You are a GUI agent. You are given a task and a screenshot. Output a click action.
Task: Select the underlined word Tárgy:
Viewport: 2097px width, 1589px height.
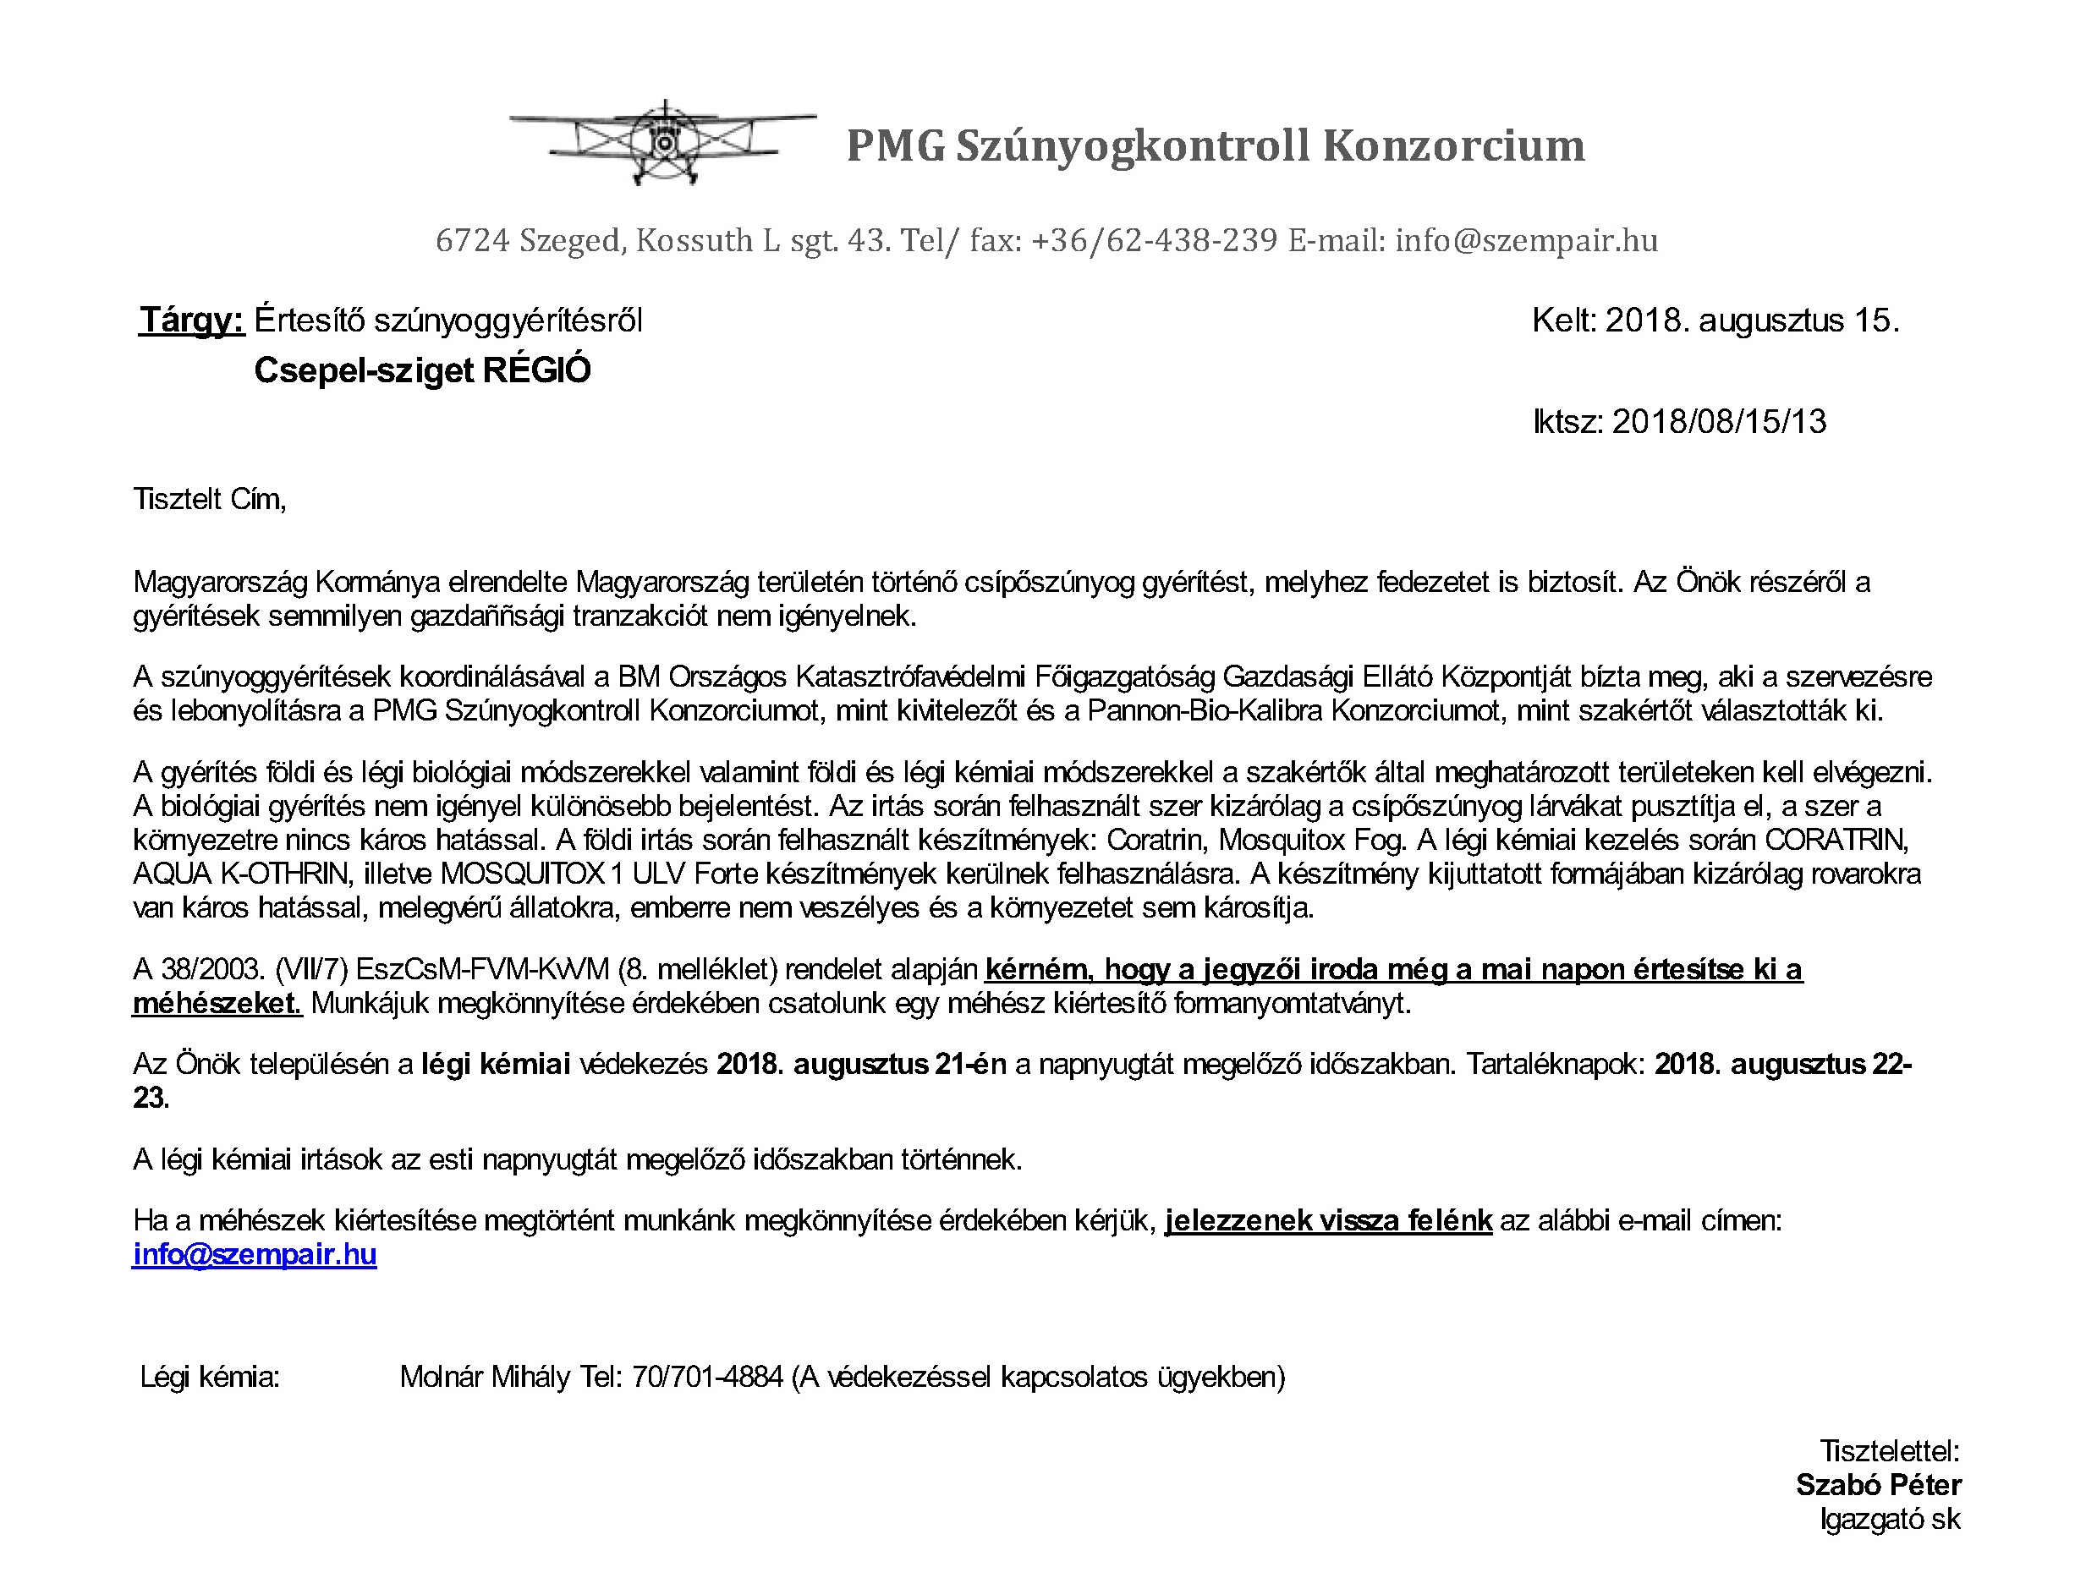point(193,321)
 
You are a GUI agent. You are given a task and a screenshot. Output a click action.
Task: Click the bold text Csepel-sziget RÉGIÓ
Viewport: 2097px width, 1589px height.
point(422,370)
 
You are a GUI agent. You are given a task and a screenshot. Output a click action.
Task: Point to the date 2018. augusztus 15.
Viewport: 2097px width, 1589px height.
point(1752,321)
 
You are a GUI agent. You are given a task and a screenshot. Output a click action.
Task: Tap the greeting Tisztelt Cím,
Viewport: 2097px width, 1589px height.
point(210,498)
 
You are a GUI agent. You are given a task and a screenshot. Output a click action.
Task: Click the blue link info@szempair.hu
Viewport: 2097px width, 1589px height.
point(254,1253)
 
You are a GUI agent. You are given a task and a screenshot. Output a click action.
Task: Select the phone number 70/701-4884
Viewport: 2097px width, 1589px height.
point(707,1376)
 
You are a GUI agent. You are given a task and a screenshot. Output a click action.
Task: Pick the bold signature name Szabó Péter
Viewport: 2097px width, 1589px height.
point(1878,1484)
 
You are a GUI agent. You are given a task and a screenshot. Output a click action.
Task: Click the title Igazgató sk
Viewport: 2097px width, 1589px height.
point(1890,1519)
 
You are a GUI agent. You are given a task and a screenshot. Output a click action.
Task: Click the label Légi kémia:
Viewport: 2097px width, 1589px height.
point(210,1376)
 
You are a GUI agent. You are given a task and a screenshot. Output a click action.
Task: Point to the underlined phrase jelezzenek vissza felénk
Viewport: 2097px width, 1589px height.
point(1328,1219)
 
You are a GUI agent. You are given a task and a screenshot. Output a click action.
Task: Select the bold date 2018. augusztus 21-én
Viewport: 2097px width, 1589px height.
point(861,1064)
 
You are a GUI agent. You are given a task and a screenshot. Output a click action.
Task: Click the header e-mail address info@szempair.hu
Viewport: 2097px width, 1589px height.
point(1526,241)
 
